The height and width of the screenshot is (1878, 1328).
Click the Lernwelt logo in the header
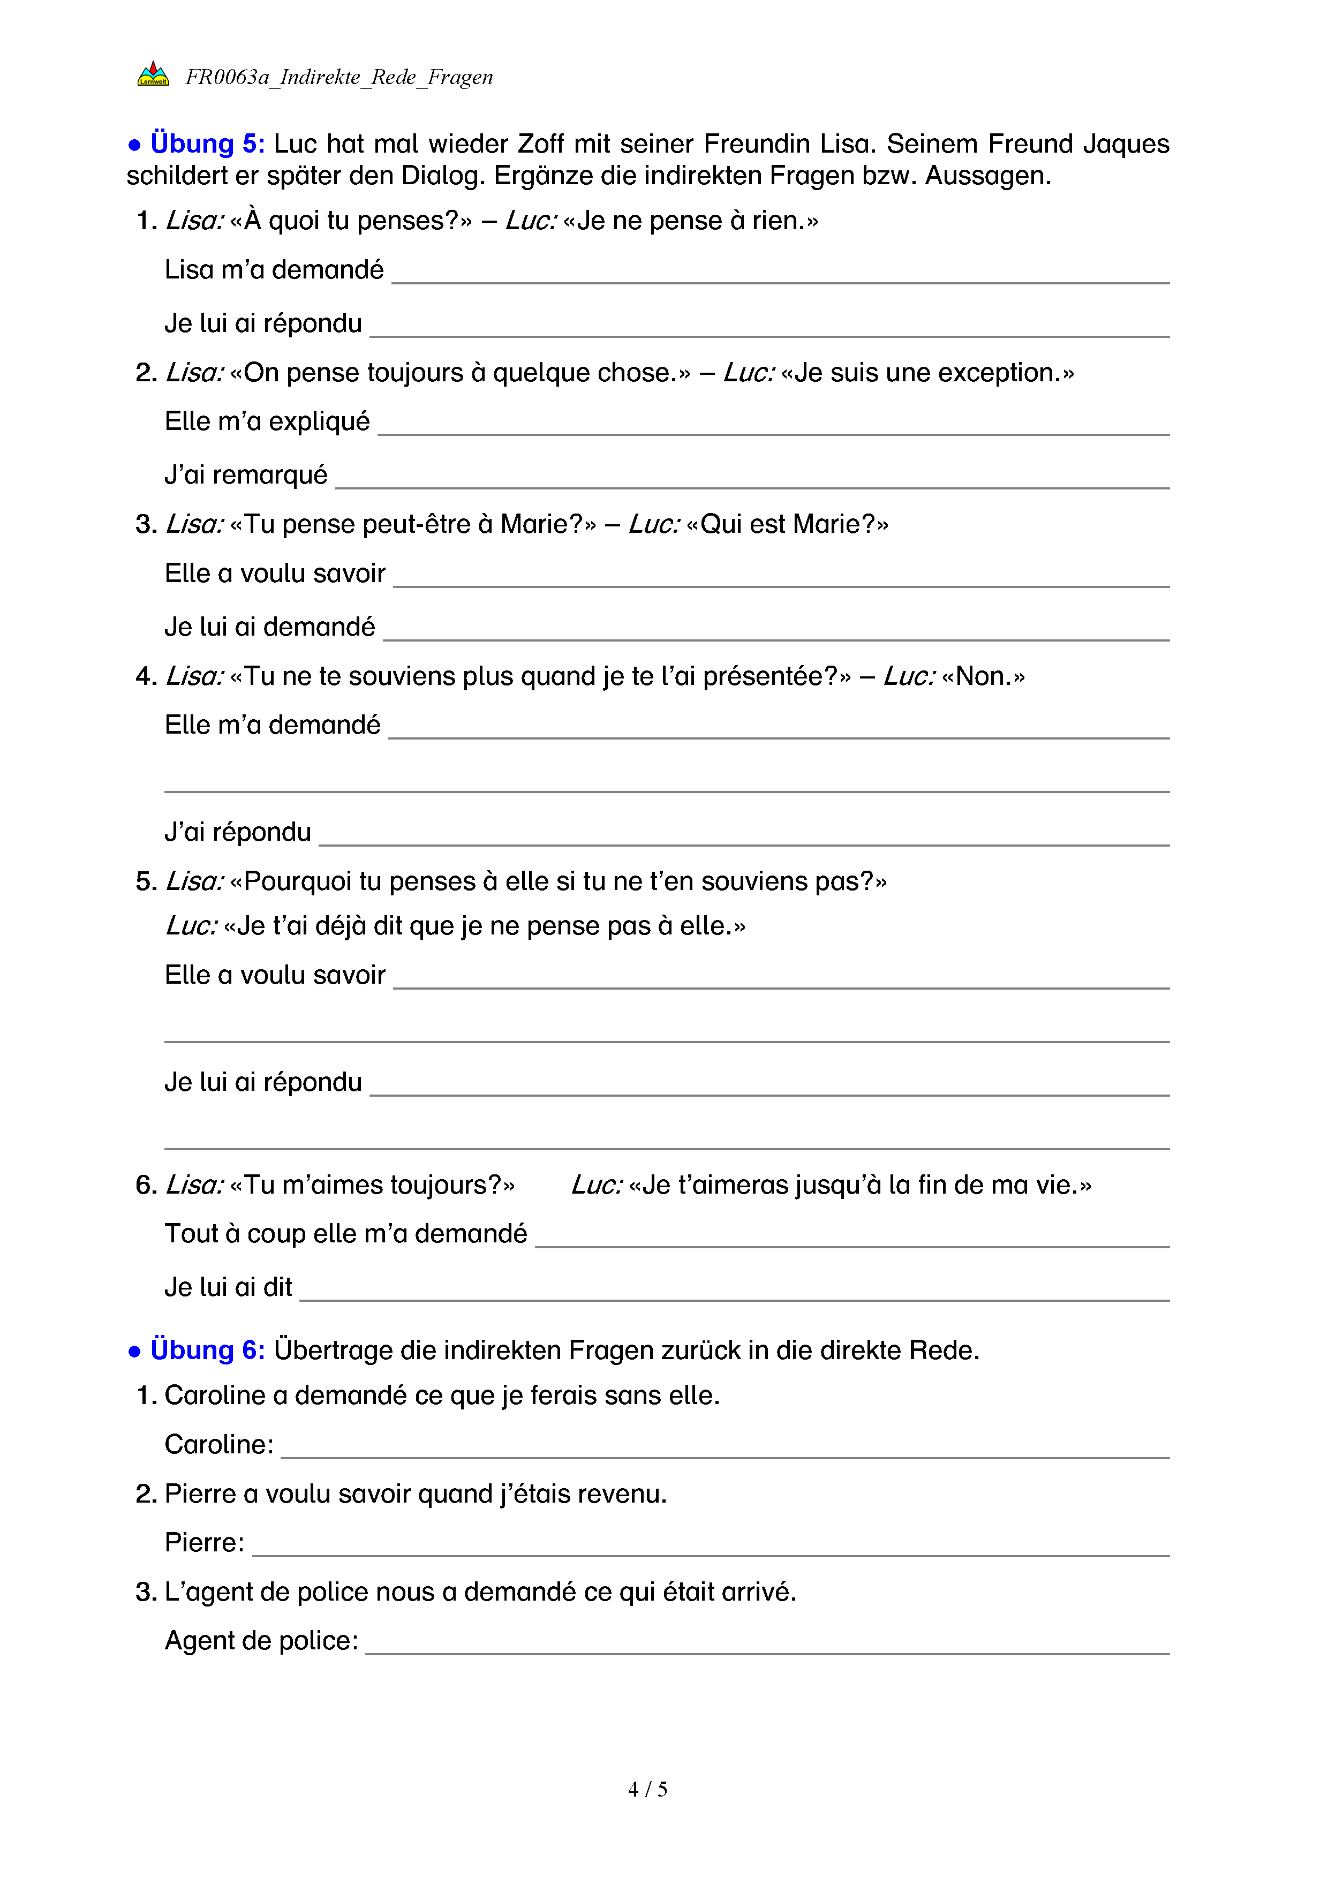point(153,74)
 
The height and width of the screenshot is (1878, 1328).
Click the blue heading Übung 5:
point(207,144)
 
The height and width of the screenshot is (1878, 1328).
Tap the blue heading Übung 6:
point(207,1351)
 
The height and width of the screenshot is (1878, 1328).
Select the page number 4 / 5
point(647,1790)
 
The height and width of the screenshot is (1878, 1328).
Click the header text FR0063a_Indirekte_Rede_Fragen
point(339,78)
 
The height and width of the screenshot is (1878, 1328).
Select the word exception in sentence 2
point(998,373)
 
